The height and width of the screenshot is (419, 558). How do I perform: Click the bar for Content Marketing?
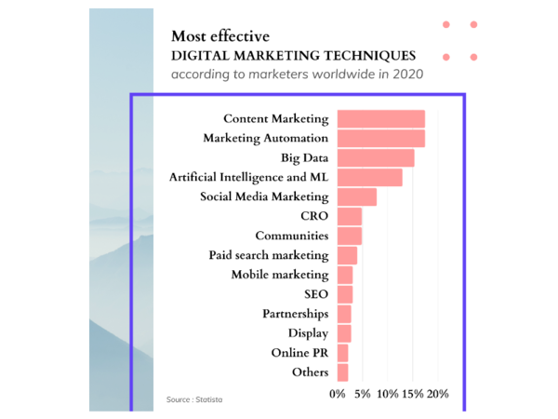click(380, 119)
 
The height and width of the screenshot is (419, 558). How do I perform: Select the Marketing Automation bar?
click(380, 139)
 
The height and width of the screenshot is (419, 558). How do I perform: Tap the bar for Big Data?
click(375, 158)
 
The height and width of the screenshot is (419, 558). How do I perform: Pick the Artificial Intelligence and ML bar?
click(369, 178)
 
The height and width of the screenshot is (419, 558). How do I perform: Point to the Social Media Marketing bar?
click(356, 197)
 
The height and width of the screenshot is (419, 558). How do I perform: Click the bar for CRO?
click(349, 217)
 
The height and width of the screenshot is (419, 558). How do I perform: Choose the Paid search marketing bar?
click(347, 255)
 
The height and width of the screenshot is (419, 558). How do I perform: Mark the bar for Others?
click(342, 372)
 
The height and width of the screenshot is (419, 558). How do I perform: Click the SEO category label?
click(315, 294)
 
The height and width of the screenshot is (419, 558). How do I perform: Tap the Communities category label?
click(291, 236)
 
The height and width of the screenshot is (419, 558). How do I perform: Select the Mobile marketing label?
click(279, 275)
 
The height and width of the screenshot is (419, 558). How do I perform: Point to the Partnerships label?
click(295, 314)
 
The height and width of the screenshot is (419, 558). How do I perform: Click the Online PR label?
click(299, 353)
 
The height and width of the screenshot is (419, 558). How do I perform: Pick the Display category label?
click(308, 333)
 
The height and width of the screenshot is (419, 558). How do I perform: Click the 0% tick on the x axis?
click(338, 394)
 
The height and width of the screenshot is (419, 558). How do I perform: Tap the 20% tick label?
click(436, 394)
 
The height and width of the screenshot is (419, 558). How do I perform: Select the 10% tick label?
click(388, 394)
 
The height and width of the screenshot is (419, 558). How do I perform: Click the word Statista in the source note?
click(209, 399)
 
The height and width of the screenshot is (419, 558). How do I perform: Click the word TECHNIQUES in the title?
click(364, 56)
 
